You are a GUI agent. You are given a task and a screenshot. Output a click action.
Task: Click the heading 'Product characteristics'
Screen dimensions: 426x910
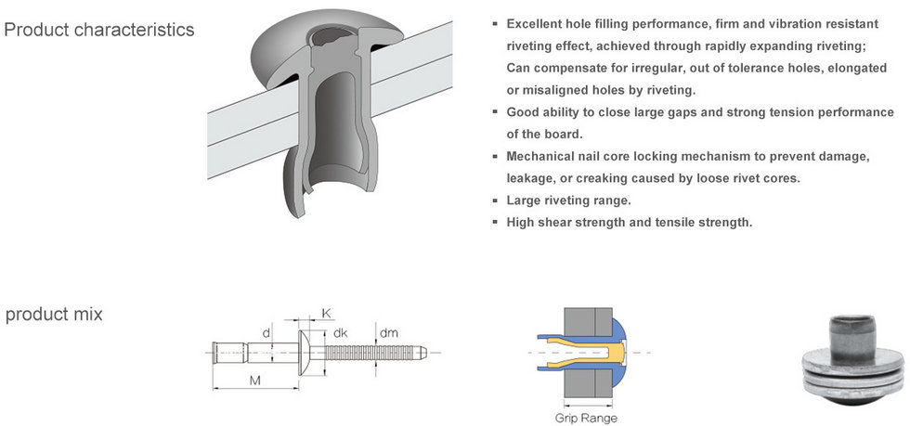tap(99, 30)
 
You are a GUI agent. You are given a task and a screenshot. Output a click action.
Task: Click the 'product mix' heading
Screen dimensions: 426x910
tap(54, 315)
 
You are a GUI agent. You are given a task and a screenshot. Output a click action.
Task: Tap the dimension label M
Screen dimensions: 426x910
tap(253, 381)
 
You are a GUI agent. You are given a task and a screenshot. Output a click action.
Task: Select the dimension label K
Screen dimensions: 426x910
tap(326, 314)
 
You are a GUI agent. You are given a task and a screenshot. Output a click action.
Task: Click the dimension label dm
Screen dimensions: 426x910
tap(389, 332)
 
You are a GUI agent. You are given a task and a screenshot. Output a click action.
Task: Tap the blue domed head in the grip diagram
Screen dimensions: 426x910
tap(624, 354)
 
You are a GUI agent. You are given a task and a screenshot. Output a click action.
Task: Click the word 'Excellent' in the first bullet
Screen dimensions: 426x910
tap(536, 22)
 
